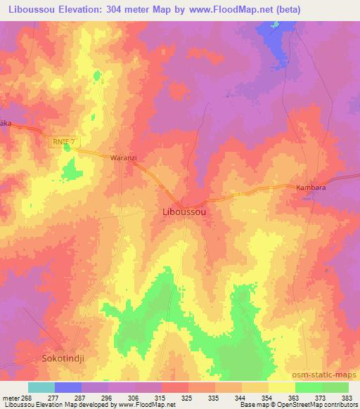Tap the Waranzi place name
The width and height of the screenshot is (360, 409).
(x=122, y=158)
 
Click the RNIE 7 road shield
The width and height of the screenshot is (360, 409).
(x=62, y=141)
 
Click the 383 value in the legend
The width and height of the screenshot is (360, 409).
(x=347, y=398)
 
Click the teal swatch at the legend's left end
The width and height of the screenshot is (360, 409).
(x=41, y=387)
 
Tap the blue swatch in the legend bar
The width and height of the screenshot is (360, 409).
(x=68, y=387)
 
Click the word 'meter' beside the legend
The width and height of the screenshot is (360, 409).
(x=11, y=398)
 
